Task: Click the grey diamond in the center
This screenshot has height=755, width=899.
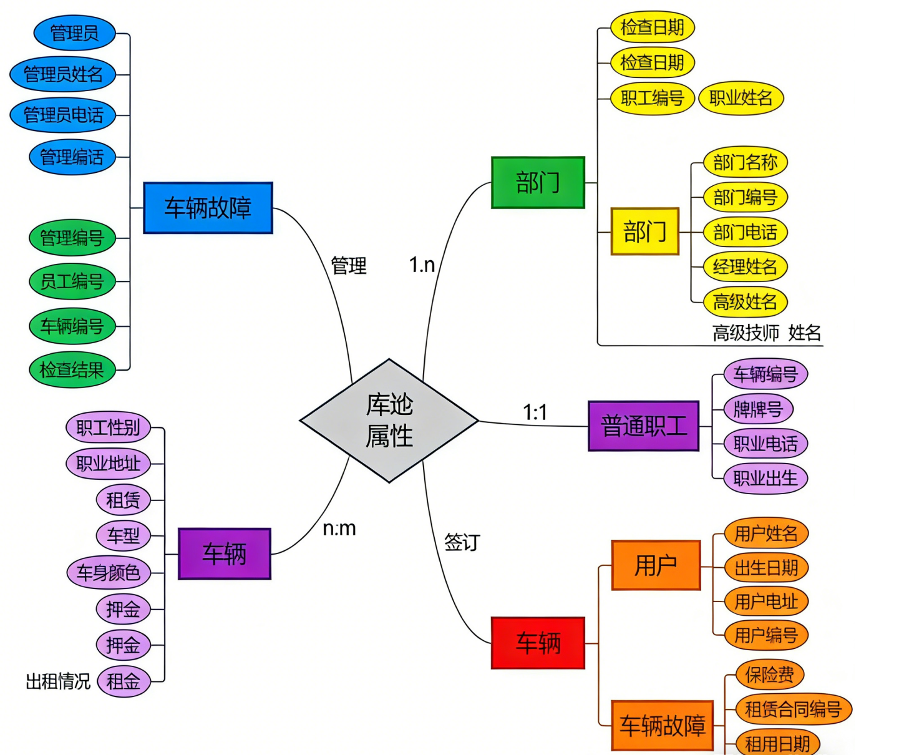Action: (x=389, y=421)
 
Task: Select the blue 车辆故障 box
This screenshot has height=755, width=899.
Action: (x=208, y=208)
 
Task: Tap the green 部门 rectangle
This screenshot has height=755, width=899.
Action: (x=538, y=183)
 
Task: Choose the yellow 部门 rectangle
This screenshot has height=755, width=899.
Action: (x=644, y=231)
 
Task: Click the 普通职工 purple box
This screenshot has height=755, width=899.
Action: (x=643, y=426)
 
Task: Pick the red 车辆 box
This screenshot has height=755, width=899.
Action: (x=538, y=643)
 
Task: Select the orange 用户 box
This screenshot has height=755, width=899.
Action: (x=656, y=565)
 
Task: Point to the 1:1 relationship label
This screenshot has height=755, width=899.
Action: (x=535, y=412)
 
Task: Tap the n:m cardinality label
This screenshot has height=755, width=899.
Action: (x=339, y=528)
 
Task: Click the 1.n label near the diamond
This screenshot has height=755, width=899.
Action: (x=422, y=265)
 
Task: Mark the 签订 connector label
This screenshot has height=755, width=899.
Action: (x=462, y=542)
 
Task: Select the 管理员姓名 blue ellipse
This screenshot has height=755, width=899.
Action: (x=63, y=74)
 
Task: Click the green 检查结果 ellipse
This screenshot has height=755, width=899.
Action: (x=72, y=370)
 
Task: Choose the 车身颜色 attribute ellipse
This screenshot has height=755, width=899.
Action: (x=109, y=573)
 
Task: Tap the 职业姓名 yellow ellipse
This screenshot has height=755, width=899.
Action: (x=741, y=98)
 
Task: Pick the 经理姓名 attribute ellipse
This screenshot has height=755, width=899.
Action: (x=745, y=267)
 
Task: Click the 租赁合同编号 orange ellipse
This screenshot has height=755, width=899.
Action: (x=793, y=709)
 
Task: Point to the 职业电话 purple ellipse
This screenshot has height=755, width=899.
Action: (x=765, y=444)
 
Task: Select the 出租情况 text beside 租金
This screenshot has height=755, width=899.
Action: (x=58, y=681)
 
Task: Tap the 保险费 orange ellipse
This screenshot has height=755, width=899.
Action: (x=769, y=675)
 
